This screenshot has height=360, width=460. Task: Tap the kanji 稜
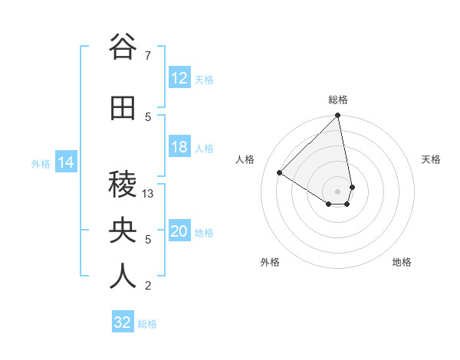pos(123,185)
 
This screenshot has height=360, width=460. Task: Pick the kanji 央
pos(123,231)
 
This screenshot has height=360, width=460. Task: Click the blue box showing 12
pos(179,78)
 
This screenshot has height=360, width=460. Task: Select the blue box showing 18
pos(179,147)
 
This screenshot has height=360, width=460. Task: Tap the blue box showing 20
pos(179,231)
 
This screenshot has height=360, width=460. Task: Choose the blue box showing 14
pos(65,162)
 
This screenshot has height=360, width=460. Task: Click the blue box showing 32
pos(123,322)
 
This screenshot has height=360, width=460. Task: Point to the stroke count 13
pos(149,194)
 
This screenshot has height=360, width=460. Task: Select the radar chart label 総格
pos(337,100)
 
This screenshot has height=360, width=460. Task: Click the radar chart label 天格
pos(431,159)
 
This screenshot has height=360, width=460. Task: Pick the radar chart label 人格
pos(245,159)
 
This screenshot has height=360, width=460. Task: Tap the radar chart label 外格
pos(270,262)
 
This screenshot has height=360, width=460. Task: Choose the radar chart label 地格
pos(402,262)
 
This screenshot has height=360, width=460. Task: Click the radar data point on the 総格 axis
pos(337,116)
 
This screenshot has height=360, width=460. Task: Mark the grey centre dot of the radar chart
pos(337,191)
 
